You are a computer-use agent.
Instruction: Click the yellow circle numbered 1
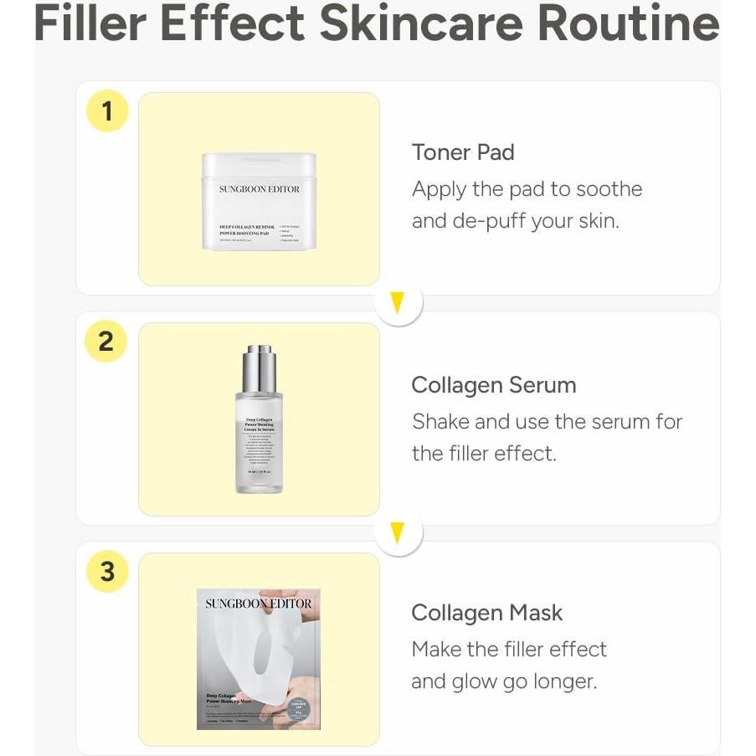click(x=107, y=111)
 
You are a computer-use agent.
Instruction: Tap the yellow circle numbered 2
click(x=105, y=342)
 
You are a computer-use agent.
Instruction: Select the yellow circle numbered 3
click(x=107, y=572)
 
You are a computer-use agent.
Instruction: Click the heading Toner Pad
click(x=463, y=152)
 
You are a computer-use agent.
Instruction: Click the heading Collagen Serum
click(x=494, y=385)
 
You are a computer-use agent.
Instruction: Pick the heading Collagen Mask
click(x=486, y=613)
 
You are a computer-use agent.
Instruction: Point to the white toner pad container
click(x=259, y=202)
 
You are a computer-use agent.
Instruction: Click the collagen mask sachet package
click(x=259, y=659)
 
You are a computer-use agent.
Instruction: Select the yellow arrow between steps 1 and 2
click(x=398, y=302)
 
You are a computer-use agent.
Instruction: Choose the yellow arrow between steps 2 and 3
click(x=398, y=532)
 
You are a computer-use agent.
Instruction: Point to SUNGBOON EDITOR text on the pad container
click(x=259, y=189)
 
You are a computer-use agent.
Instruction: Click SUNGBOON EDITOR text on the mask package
click(x=259, y=604)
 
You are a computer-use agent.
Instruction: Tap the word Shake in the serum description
click(x=442, y=421)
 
